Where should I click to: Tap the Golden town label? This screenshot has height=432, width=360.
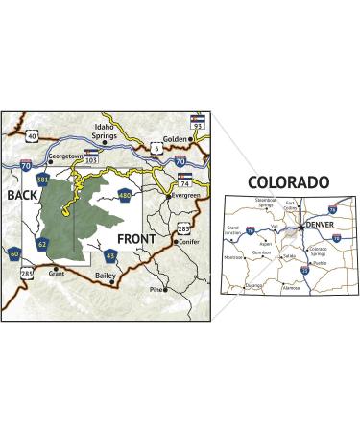tap(175, 139)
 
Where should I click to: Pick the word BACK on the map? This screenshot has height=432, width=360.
tap(21, 196)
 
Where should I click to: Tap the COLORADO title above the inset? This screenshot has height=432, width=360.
tap(288, 181)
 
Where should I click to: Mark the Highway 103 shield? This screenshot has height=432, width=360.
tap(92, 156)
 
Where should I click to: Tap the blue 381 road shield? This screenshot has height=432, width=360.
tap(41, 180)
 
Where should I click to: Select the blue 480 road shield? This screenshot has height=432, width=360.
tap(125, 196)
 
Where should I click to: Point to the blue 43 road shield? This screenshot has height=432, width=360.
tap(111, 255)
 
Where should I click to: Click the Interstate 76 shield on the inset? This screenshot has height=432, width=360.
tap(332, 210)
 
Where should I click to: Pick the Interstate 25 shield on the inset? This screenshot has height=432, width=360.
tap(304, 271)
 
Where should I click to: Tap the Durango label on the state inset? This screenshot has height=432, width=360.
tap(253, 285)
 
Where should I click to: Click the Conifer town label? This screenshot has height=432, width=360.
tap(194, 241)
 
